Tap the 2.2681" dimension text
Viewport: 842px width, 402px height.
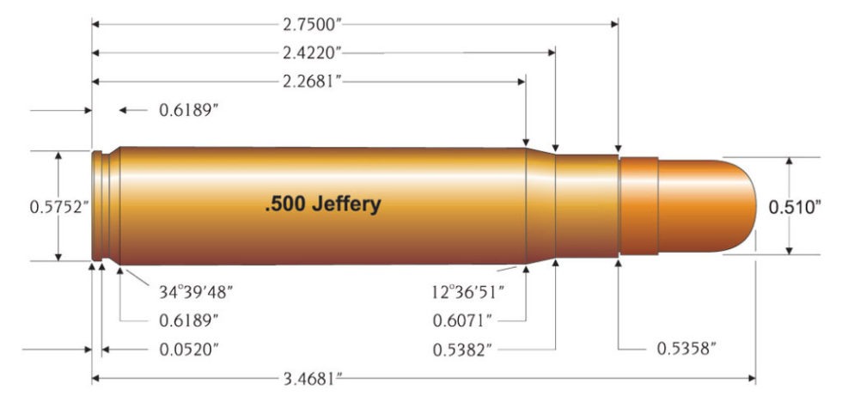click(x=310, y=82)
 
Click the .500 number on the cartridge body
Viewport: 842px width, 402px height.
click(x=282, y=205)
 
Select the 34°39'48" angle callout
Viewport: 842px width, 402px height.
click(x=196, y=291)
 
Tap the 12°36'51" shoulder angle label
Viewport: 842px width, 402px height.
click(x=468, y=291)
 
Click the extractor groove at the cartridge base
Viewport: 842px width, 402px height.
click(x=106, y=206)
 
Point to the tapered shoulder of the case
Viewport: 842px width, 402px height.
click(x=540, y=206)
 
